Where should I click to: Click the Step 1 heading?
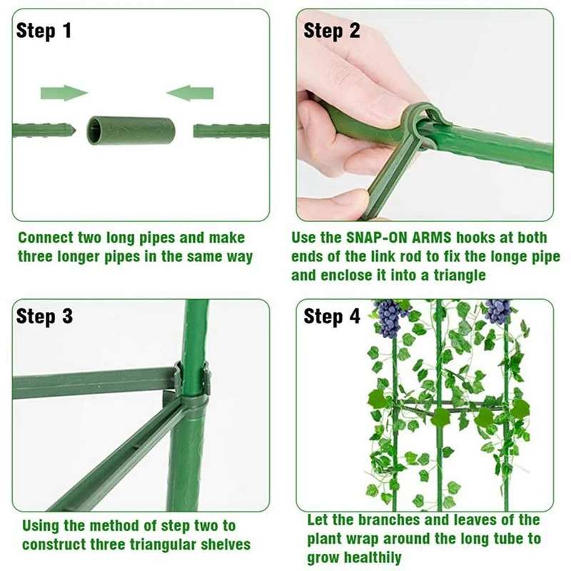[44, 31]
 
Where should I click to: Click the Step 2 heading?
[332, 31]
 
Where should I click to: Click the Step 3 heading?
[44, 316]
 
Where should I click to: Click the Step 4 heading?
[332, 316]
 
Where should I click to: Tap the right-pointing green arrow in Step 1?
[64, 93]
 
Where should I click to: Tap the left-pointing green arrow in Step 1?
[190, 93]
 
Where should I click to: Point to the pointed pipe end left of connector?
[66, 131]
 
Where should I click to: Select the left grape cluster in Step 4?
[389, 317]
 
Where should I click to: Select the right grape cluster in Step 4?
[497, 312]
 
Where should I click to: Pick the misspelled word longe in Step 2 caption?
[490, 256]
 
